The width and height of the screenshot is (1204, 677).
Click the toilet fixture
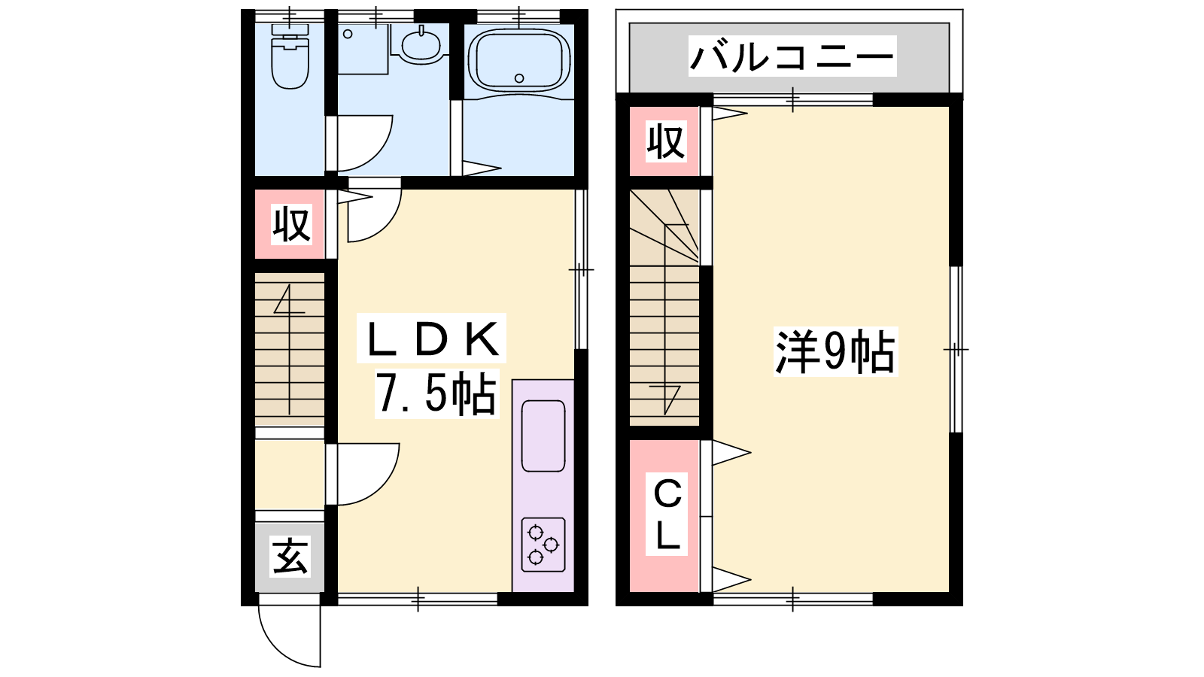pyautogui.click(x=290, y=56)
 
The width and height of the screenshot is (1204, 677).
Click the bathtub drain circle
pyautogui.click(x=519, y=78)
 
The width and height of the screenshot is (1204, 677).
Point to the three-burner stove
pyautogui.click(x=543, y=545)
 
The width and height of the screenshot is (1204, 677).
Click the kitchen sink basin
pyautogui.click(x=543, y=436)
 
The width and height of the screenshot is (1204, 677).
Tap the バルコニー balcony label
pyautogui.click(x=792, y=56)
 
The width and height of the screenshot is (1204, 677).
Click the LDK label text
pyautogui.click(x=432, y=339)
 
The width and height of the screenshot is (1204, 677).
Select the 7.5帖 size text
pyautogui.click(x=436, y=393)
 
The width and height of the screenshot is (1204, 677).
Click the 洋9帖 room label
pyautogui.click(x=835, y=352)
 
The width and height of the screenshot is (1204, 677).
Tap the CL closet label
pyautogui.click(x=667, y=515)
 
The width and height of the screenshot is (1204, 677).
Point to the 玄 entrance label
pyautogui.click(x=290, y=557)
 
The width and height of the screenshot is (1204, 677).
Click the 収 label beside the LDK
pyautogui.click(x=291, y=225)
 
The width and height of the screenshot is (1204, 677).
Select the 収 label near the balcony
pyautogui.click(x=665, y=141)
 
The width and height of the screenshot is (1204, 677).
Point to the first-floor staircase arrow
pyautogui.click(x=290, y=349)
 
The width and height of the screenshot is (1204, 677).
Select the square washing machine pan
pyautogui.click(x=363, y=48)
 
